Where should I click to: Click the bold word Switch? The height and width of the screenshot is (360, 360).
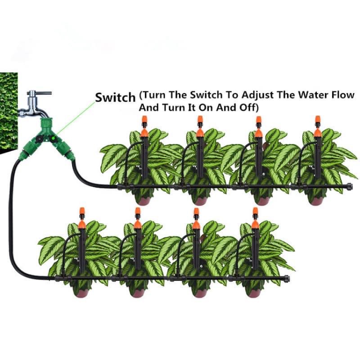point(115,97)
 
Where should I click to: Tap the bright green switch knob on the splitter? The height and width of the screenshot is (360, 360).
point(53,138)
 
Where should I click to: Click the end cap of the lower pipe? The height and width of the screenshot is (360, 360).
point(287,278)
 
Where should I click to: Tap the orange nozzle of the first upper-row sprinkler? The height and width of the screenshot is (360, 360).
point(144,120)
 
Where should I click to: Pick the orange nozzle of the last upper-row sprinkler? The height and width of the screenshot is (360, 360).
point(318,120)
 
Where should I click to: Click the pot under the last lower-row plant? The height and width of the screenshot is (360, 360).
point(254,292)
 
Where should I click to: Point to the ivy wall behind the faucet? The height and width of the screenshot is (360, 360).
point(9,112)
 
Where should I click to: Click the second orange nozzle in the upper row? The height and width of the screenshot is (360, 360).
point(200,120)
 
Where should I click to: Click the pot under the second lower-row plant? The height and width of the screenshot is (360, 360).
point(137,292)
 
